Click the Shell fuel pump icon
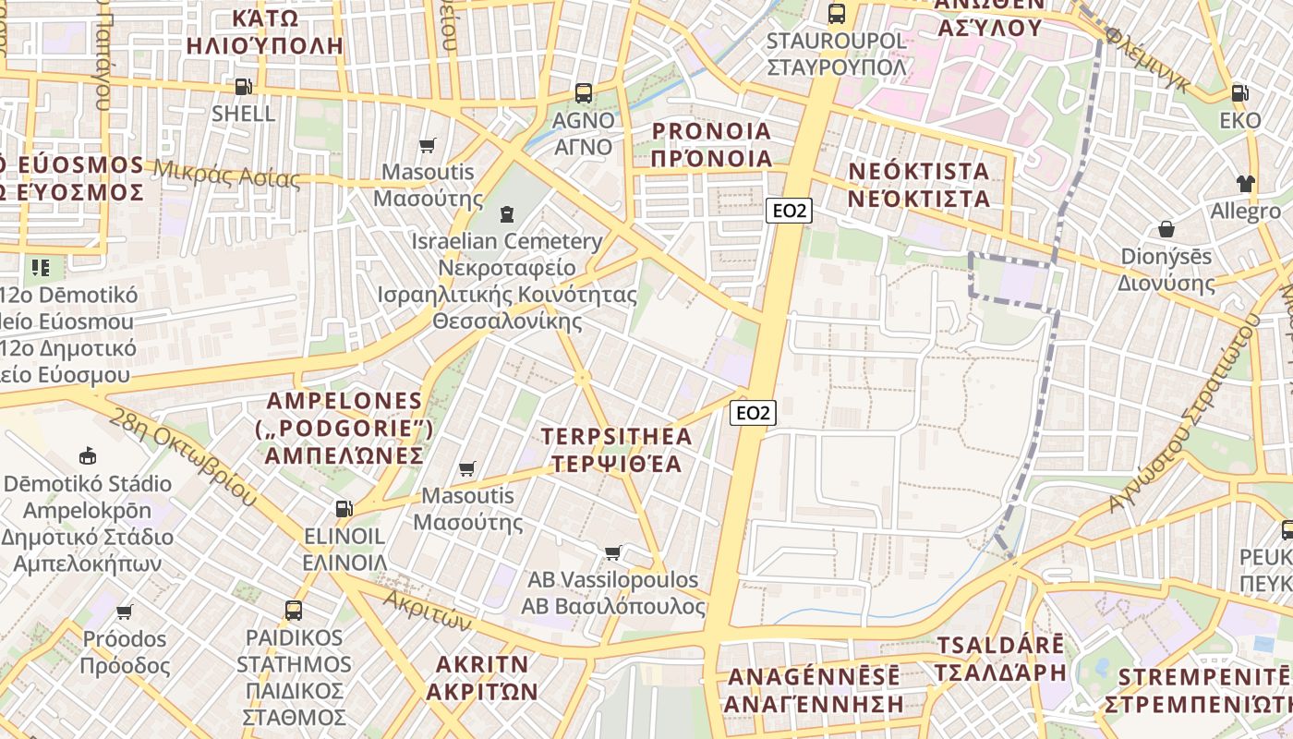click(x=243, y=87)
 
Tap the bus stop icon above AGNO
click(x=584, y=92)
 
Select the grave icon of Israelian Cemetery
click(x=505, y=214)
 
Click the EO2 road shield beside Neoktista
click(x=789, y=211)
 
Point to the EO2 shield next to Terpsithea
click(x=753, y=413)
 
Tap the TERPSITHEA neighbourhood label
click(x=616, y=449)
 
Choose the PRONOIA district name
click(x=711, y=144)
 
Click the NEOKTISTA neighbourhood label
click(x=918, y=185)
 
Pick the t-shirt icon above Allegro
click(x=1246, y=184)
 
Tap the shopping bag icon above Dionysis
click(x=1166, y=228)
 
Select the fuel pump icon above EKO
click(x=1239, y=93)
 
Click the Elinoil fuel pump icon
click(x=344, y=508)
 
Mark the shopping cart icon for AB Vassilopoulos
click(x=612, y=552)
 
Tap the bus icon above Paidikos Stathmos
click(x=294, y=610)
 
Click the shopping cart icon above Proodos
click(x=125, y=612)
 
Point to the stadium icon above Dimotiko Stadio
click(x=87, y=455)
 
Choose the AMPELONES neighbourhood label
click(x=346, y=429)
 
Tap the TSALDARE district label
click(x=1000, y=659)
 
